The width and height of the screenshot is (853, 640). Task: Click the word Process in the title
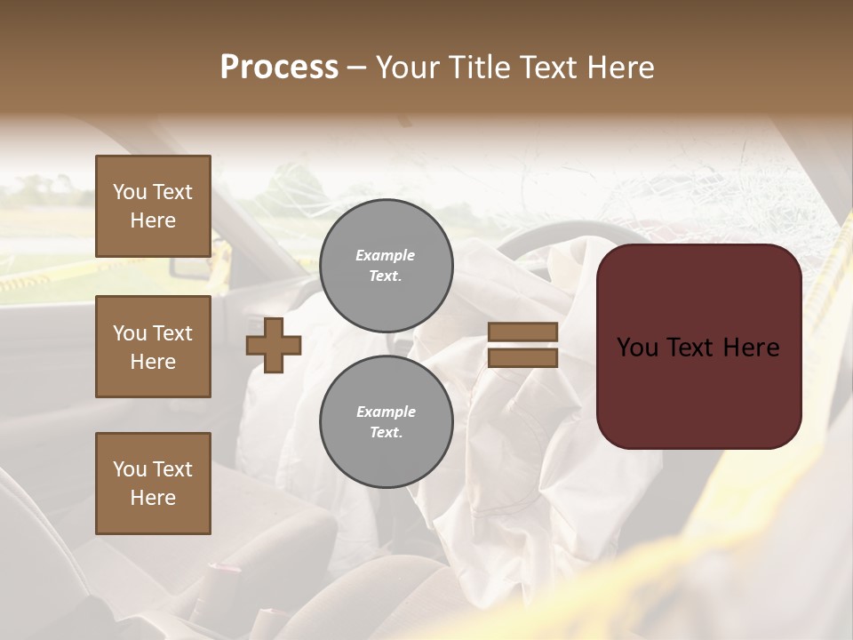[x=279, y=68]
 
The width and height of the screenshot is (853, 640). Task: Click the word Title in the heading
[x=477, y=68]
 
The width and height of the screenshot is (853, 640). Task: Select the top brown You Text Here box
[x=153, y=206]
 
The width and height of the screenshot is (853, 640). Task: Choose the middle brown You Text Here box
[x=153, y=347]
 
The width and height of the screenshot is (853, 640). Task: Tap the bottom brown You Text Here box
[x=153, y=484]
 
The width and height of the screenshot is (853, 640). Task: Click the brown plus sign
[x=274, y=345]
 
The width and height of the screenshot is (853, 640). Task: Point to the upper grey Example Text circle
[x=387, y=266]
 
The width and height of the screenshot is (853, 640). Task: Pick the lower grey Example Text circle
[x=387, y=422]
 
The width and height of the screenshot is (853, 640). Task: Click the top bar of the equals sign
[x=522, y=332]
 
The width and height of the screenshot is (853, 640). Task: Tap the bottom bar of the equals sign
[x=522, y=357]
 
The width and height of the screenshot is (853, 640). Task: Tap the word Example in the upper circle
[x=385, y=255]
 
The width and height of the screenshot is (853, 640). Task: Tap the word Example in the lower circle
[x=386, y=412]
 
